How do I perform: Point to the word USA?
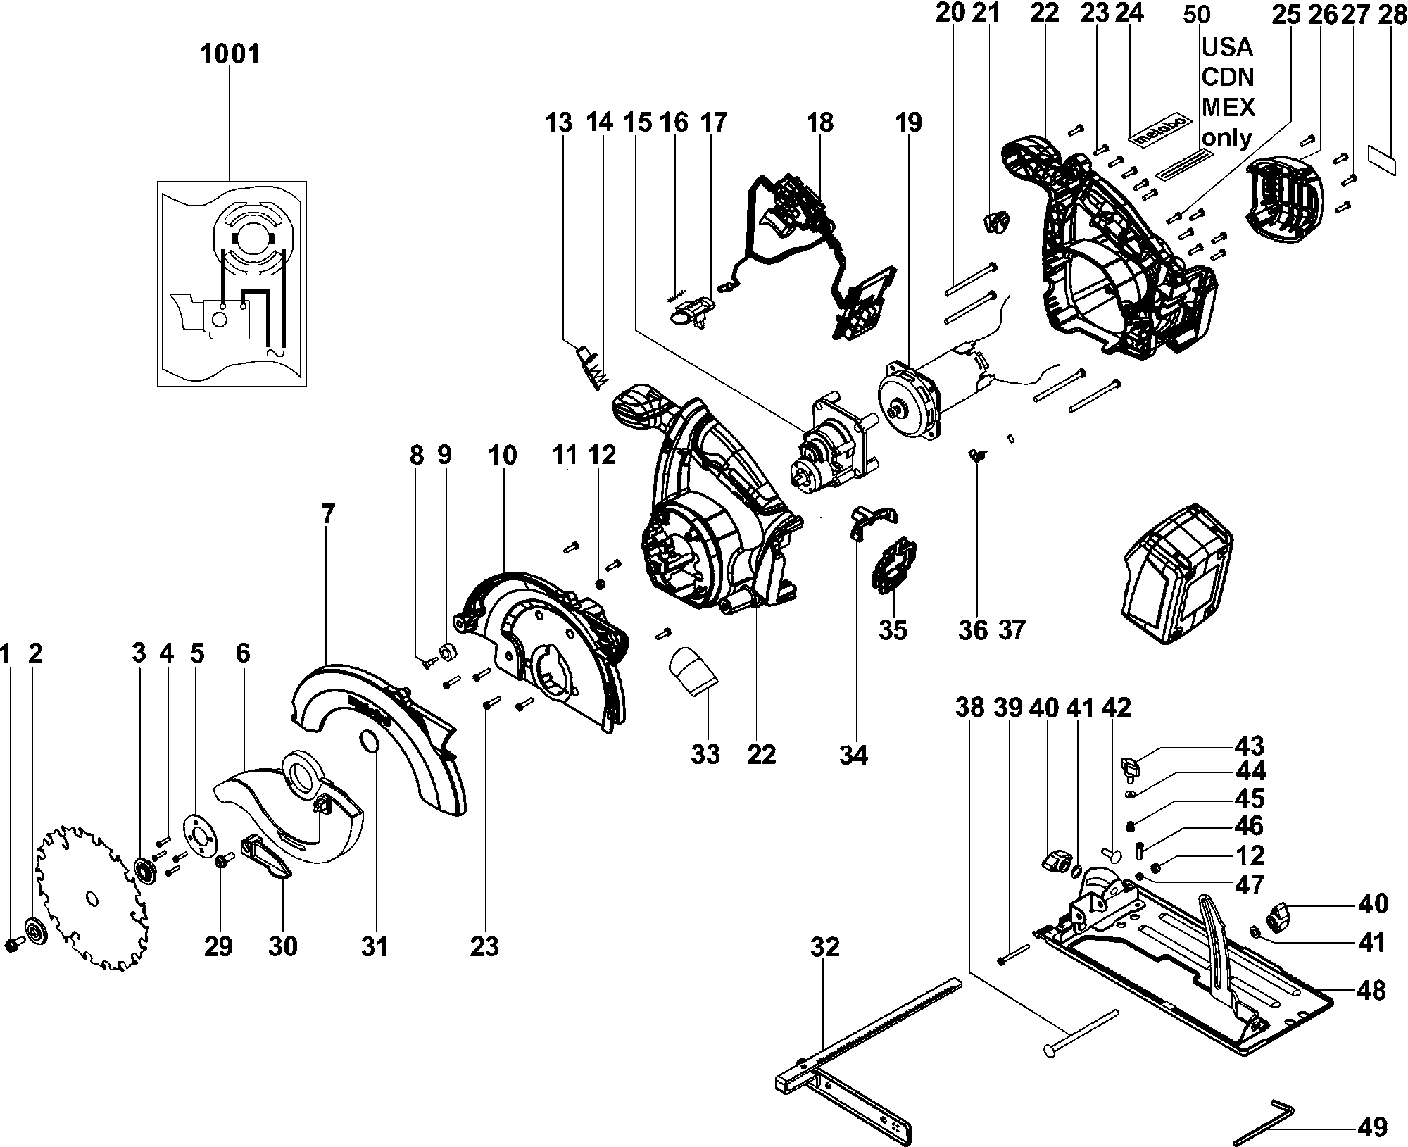pos(1227,47)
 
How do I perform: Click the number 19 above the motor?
pos(908,123)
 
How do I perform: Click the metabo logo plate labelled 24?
pos(1162,129)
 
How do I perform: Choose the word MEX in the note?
pos(1228,106)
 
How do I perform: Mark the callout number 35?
pos(893,629)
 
